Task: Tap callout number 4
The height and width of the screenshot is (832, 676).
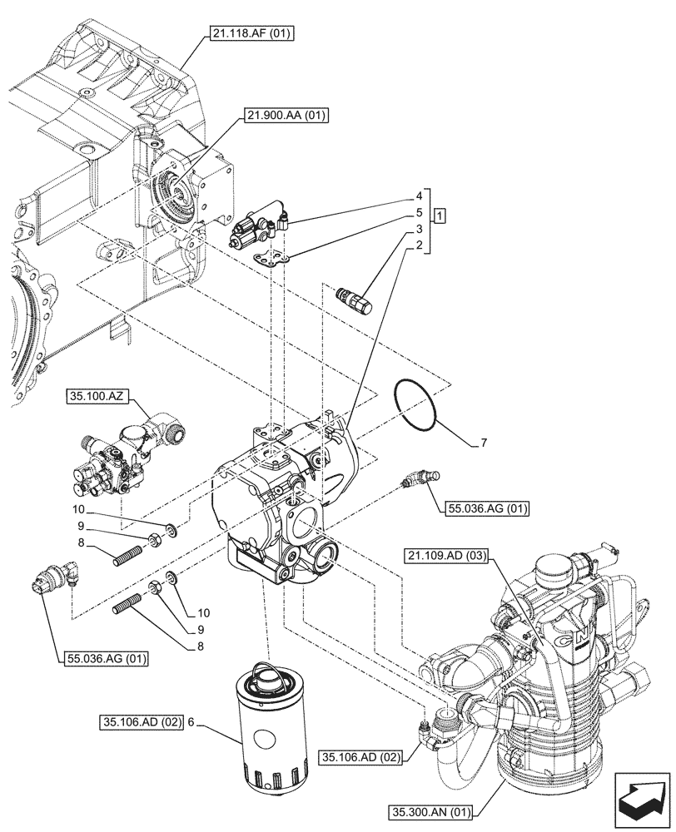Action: [420, 197]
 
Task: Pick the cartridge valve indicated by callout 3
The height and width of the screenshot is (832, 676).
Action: [353, 296]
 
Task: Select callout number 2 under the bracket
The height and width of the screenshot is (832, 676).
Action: [420, 245]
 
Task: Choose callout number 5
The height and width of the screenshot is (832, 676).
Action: [420, 213]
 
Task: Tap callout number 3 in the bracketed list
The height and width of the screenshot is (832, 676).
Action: [420, 229]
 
